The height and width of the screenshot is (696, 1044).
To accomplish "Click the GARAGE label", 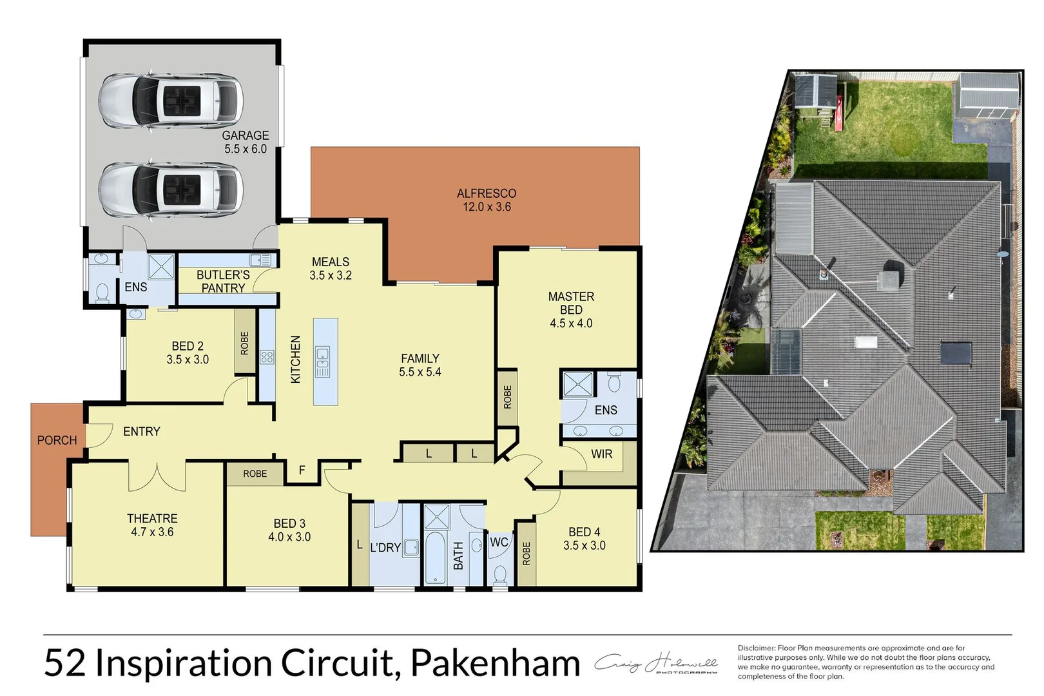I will pos(245,135).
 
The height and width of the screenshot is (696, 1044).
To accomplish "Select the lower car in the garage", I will pos(171,189).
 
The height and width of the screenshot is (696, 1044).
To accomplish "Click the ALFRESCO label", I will pos(487,193).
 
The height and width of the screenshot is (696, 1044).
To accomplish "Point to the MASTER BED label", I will pos(571,304).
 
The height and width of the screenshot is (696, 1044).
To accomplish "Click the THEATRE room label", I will pos(152,519).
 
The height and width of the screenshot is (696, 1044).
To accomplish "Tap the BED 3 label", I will pos(289,524).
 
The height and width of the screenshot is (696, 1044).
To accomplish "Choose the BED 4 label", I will pos(584,532).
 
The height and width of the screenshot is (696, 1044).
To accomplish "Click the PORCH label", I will pos(57,440).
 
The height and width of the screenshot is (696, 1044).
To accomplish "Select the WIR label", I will pos(601,454).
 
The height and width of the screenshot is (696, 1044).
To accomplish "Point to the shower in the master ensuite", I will pos(577,385).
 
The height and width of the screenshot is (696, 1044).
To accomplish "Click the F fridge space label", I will pos(302,471).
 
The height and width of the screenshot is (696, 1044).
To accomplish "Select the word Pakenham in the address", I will pos(495,664).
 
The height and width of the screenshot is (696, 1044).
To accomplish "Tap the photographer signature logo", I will pos(655,664).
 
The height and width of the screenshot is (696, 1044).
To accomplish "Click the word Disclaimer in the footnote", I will pos(756,648).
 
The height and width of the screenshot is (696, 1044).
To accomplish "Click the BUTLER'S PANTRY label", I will pos(223,282).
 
